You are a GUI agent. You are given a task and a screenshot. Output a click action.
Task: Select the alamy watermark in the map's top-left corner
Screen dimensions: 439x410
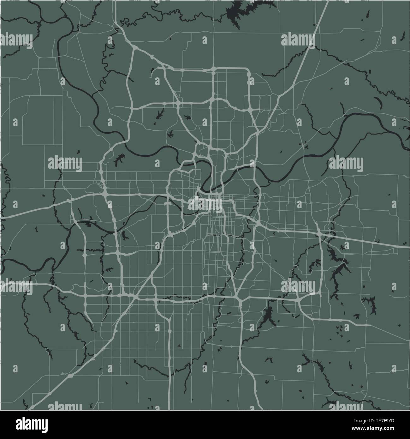click(x=16, y=40)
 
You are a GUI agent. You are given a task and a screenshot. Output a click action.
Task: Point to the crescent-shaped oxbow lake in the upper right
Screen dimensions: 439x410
click(x=378, y=102)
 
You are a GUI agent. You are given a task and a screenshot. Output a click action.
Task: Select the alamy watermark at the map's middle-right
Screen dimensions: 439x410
click(x=346, y=164)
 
